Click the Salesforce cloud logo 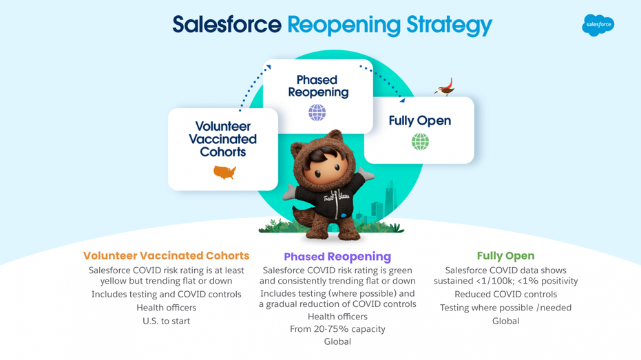598,25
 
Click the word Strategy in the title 450,25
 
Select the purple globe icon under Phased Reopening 317,112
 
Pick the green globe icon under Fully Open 420,142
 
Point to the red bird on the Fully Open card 445,87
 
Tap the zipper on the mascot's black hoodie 337,204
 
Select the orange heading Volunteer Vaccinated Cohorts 167,256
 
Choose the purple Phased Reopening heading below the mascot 337,257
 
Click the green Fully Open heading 505,256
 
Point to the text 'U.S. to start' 167,321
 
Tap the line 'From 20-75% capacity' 337,329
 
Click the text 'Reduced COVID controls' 505,294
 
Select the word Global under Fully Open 505,321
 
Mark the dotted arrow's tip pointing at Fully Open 403,100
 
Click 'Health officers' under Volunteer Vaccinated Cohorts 167,308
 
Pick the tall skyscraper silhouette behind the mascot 390,200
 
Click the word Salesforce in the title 227,25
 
